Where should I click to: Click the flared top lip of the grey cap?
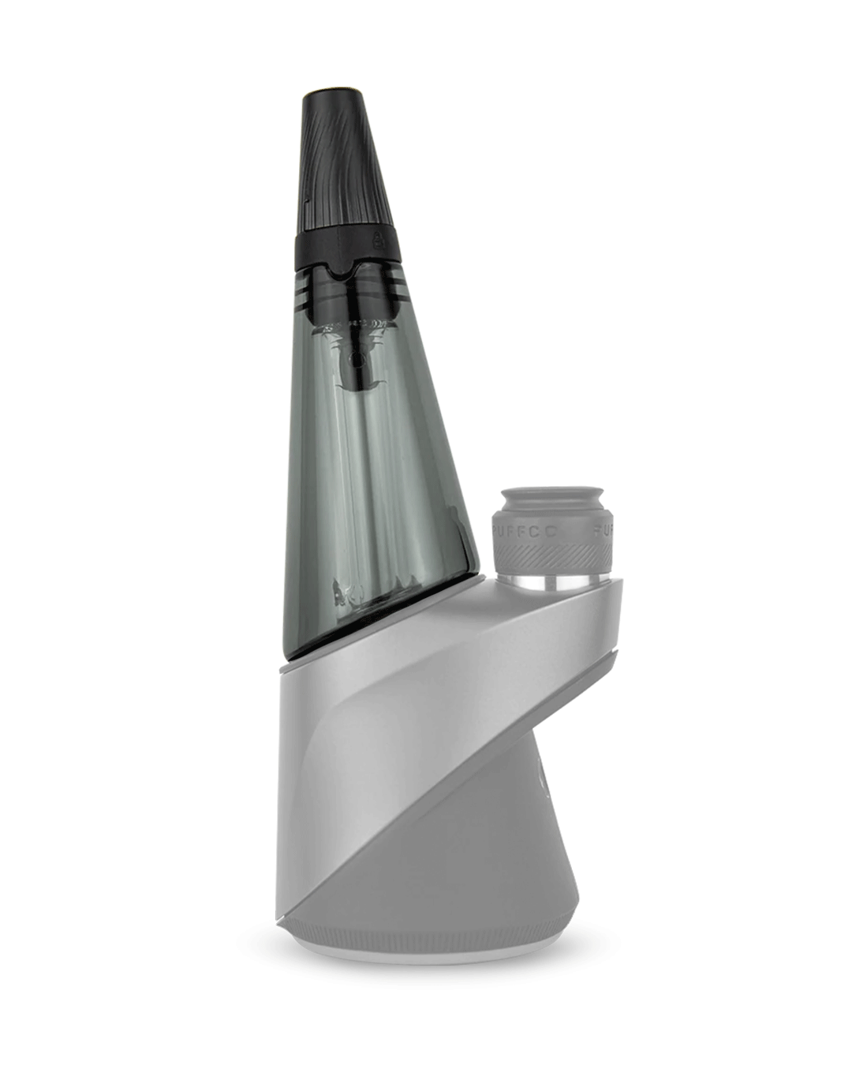coord(552,495)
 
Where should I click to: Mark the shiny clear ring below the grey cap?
coord(552,585)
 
